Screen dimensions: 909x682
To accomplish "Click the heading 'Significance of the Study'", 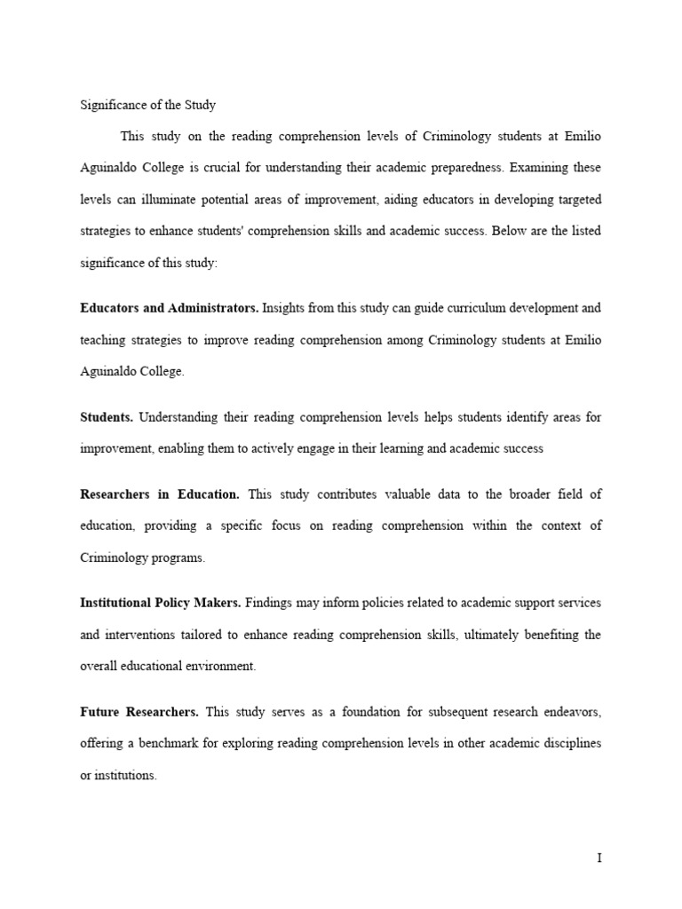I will click(147, 105).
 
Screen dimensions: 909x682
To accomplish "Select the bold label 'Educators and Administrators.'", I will click(169, 308).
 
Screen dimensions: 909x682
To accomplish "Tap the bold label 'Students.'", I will click(107, 416).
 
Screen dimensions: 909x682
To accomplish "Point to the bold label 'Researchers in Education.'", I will click(160, 494).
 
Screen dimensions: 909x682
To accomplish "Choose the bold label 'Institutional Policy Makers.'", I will click(161, 603).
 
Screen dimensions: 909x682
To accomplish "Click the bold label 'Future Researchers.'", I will click(139, 712).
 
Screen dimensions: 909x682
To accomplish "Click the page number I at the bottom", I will click(599, 858).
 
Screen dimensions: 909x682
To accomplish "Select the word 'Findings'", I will click(272, 603).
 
